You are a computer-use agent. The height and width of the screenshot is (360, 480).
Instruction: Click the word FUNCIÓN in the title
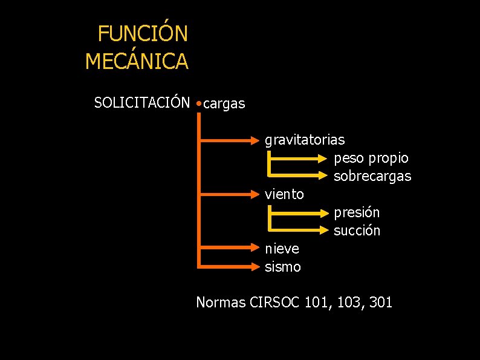pos(143,34)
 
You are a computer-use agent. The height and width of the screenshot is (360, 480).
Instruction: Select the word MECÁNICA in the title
pos(137,61)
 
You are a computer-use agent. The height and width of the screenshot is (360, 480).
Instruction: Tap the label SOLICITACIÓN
pos(142,103)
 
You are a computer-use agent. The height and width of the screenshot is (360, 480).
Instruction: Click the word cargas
pos(224,104)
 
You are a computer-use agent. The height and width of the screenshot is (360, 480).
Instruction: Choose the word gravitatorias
pos(305,140)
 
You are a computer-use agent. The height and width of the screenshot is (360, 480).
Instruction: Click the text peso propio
pos(371,159)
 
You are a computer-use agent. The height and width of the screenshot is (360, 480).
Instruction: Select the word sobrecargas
pos(372,177)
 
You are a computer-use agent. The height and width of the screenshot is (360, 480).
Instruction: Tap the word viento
pos(284,194)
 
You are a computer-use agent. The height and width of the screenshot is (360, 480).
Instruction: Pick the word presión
pos(357,213)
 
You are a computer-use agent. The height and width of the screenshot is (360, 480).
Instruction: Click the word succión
pos(357,231)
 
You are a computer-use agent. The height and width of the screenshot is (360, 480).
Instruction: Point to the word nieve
pos(282,249)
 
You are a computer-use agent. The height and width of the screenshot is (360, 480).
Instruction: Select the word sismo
pos(282,267)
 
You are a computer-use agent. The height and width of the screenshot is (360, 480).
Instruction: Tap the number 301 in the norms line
pos(380,302)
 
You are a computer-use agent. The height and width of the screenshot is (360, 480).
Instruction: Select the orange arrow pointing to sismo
pos(230,266)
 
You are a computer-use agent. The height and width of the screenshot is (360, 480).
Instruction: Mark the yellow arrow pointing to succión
pos(299,231)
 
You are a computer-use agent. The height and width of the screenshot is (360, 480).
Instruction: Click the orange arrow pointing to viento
pos(230,195)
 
